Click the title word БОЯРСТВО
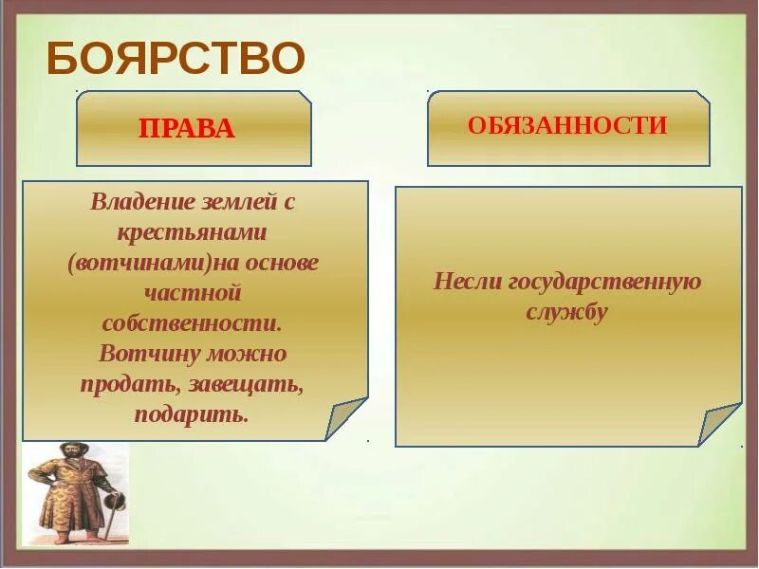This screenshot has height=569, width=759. (x=176, y=58)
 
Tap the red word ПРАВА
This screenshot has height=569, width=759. (x=187, y=129)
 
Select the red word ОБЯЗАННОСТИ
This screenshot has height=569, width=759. (x=567, y=125)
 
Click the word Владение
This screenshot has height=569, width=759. (x=141, y=201)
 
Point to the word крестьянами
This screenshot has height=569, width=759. (x=192, y=231)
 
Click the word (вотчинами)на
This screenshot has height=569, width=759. (x=153, y=263)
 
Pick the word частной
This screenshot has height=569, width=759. (x=193, y=293)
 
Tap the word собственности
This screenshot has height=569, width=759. (x=193, y=322)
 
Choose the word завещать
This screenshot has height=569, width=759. (x=246, y=385)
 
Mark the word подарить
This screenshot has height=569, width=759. (x=192, y=414)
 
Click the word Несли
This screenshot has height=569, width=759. (x=467, y=281)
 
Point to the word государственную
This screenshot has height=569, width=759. (x=604, y=283)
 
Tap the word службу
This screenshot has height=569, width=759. (x=566, y=312)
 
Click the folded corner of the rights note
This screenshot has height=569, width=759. (x=344, y=417)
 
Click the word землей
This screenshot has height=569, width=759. (x=235, y=201)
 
